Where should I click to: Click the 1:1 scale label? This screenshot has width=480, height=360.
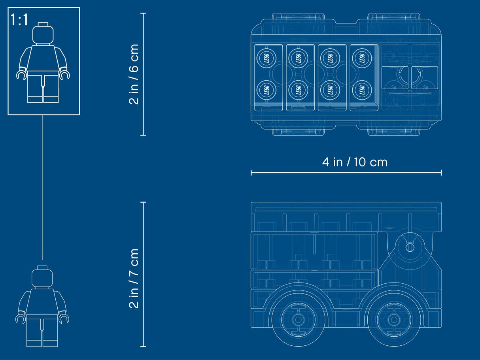pyautogui.click(x=20, y=20)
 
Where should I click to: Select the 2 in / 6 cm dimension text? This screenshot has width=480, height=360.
pyautogui.click(x=134, y=74)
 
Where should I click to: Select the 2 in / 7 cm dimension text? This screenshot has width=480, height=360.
pyautogui.click(x=134, y=278)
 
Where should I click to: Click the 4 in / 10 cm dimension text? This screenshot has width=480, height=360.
pyautogui.click(x=355, y=162)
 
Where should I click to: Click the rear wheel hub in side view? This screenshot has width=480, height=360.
pyautogui.click(x=298, y=319)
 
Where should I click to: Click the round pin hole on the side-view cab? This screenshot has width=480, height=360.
pyautogui.click(x=410, y=247)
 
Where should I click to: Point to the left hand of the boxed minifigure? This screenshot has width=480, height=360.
pyautogui.click(x=21, y=74)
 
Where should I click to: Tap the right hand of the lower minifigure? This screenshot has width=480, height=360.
pyautogui.click(x=64, y=318)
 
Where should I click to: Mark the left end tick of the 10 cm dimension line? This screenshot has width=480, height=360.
pyautogui.click(x=251, y=172)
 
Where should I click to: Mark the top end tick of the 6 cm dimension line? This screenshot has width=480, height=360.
pyautogui.click(x=143, y=13)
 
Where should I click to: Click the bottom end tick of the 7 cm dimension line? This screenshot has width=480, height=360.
pyautogui.click(x=143, y=347)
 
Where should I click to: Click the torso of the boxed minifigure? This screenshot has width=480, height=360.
pyautogui.click(x=43, y=59)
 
